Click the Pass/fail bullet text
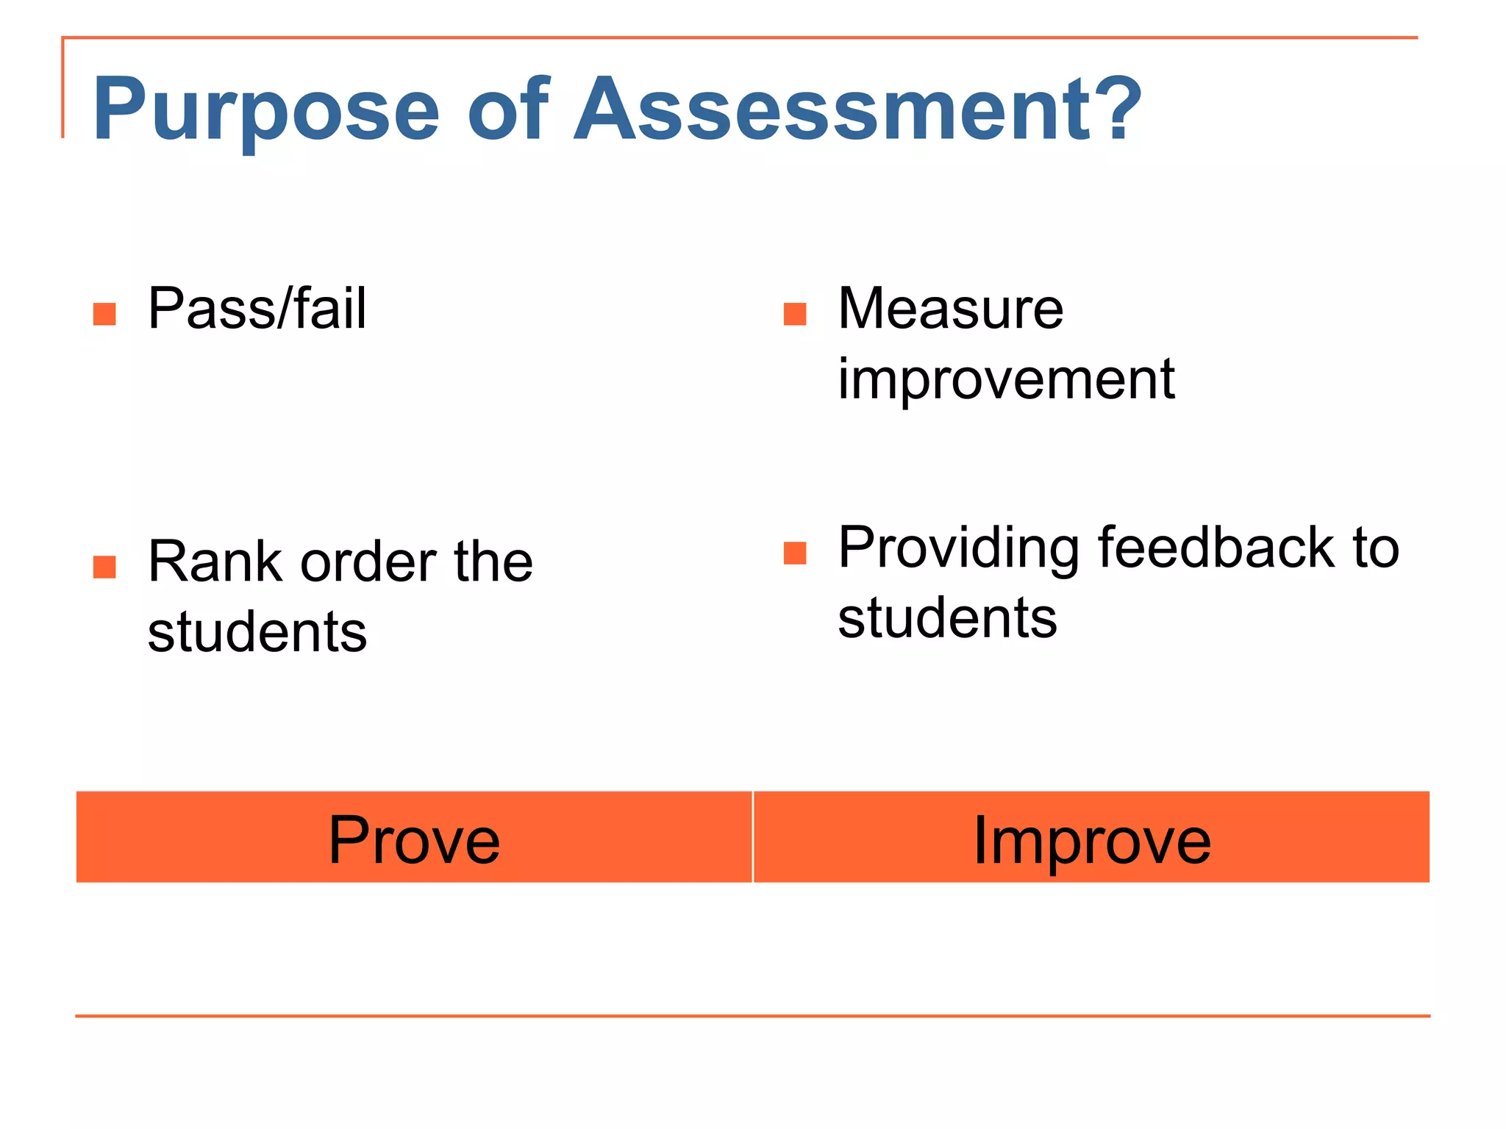point(257,309)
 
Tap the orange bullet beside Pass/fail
point(104,314)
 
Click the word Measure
point(950,309)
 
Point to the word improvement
point(1006,379)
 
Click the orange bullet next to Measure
point(795,314)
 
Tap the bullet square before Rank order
point(104,567)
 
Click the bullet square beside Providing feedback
point(795,553)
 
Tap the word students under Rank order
point(257,632)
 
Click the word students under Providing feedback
point(947,618)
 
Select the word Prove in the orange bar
point(414,839)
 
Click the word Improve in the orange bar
point(1091,841)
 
